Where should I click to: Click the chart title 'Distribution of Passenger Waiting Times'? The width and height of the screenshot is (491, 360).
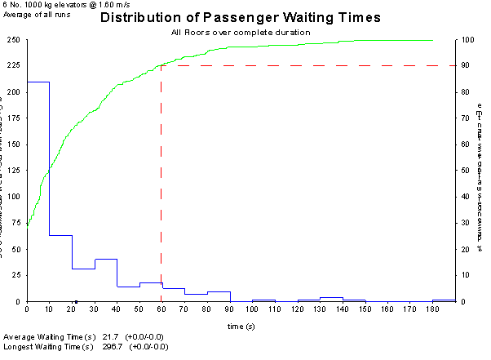pos(241,18)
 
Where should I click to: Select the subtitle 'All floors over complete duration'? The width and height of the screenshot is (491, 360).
pos(241,32)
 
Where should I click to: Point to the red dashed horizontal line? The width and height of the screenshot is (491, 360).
pos(310,65)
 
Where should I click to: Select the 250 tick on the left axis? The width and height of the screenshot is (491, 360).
pos(14,40)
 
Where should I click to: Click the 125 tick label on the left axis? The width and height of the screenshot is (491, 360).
pos(14,171)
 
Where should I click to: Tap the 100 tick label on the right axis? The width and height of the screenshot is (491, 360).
pos(464,40)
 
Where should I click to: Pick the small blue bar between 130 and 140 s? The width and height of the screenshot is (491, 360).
pos(331,299)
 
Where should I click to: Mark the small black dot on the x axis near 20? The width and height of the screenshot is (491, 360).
pos(76,301)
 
